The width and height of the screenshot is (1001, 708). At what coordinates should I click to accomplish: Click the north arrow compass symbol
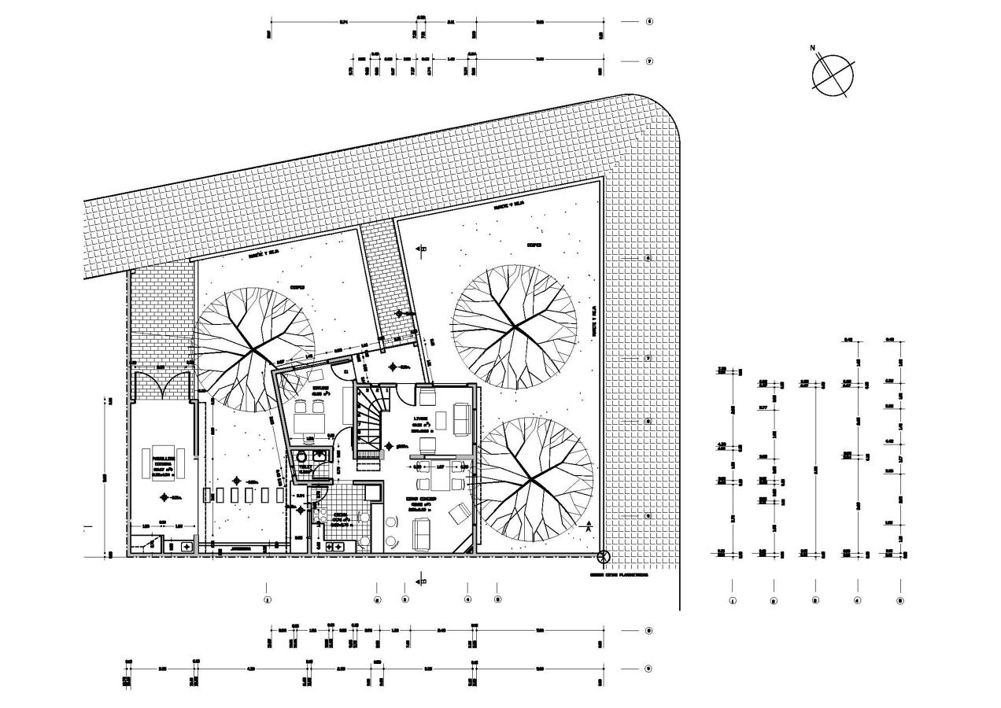pos(832,75)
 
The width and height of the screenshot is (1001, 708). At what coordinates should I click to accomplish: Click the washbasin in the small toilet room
pos(320,455)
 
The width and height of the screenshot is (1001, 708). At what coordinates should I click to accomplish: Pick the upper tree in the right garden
pos(515,326)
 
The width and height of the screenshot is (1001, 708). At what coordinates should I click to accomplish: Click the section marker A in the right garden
pos(587,526)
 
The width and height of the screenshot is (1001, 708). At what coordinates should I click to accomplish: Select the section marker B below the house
pos(422,582)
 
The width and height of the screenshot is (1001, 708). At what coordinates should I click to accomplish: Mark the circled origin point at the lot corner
pos(604,558)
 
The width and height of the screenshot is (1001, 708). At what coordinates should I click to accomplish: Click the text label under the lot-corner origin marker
pos(619,575)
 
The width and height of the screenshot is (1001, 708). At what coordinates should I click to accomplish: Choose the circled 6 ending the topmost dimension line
pos(648,22)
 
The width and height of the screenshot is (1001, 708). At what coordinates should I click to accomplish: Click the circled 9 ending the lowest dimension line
pos(648,669)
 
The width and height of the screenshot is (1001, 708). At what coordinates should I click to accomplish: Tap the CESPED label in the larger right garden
pos(534,245)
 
